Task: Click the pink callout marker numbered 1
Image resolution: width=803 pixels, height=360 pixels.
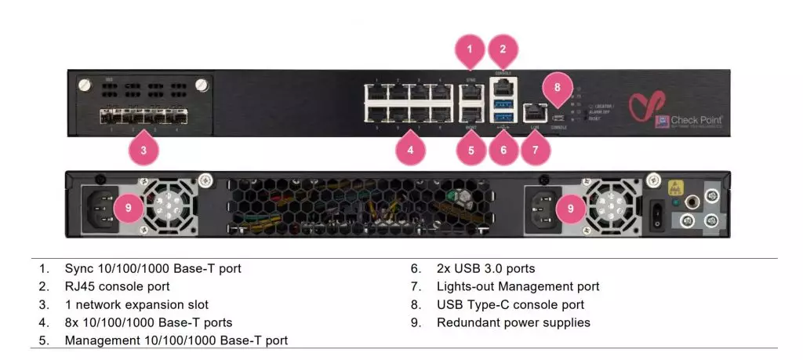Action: point(470,51)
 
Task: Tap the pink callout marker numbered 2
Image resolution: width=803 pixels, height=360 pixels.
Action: point(503,51)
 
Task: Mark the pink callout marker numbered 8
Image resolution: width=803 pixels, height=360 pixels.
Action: point(558,88)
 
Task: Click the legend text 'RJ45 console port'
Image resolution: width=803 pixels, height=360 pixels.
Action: point(117,286)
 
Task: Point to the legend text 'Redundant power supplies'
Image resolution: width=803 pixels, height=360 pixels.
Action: point(513,322)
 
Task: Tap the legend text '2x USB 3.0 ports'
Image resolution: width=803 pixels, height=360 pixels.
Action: point(485,268)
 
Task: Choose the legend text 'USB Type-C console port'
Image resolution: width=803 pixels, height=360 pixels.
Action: point(510,304)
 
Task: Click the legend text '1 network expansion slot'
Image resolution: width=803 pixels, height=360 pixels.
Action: point(136,304)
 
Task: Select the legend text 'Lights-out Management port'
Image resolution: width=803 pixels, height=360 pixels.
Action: point(518,286)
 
